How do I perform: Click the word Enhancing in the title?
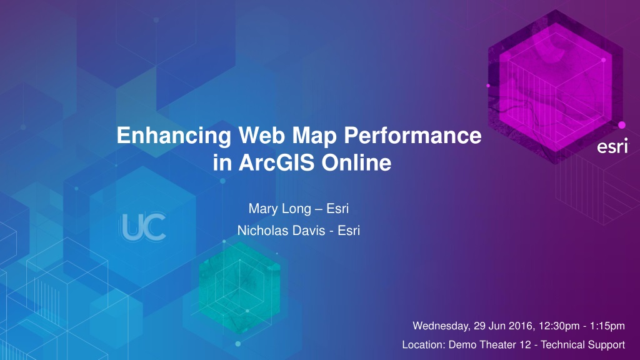[174, 136]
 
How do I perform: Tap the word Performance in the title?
[412, 136]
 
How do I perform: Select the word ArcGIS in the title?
[276, 162]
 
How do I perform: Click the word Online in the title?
[356, 162]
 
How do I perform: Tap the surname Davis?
[310, 231]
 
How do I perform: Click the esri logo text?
[613, 146]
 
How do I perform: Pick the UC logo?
[144, 227]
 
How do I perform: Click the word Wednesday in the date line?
[442, 326]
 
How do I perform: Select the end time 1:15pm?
[607, 326]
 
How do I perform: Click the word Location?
[424, 345]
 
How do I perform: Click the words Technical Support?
[583, 345]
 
